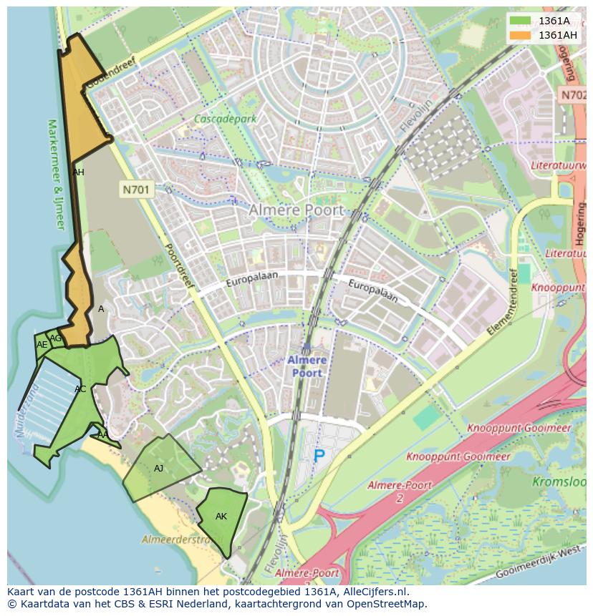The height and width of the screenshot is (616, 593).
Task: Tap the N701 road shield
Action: pos(135,190)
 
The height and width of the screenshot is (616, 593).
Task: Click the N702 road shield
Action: pos(573,94)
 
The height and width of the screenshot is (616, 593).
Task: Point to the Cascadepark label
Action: pos(226,119)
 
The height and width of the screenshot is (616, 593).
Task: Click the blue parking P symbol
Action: pos(319,455)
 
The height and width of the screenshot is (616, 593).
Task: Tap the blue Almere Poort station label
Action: pos(307,366)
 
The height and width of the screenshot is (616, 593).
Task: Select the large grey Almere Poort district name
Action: pos(296,210)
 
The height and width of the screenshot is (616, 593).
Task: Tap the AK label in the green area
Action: pos(221,517)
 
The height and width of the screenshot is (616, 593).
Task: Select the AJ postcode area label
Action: pos(158,469)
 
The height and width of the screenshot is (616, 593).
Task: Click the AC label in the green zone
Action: pos(80,389)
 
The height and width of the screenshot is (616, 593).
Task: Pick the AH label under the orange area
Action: pos(78,172)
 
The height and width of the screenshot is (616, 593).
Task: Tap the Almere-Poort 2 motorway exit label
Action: pos(400,491)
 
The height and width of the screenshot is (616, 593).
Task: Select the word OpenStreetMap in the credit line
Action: pos(386,604)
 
